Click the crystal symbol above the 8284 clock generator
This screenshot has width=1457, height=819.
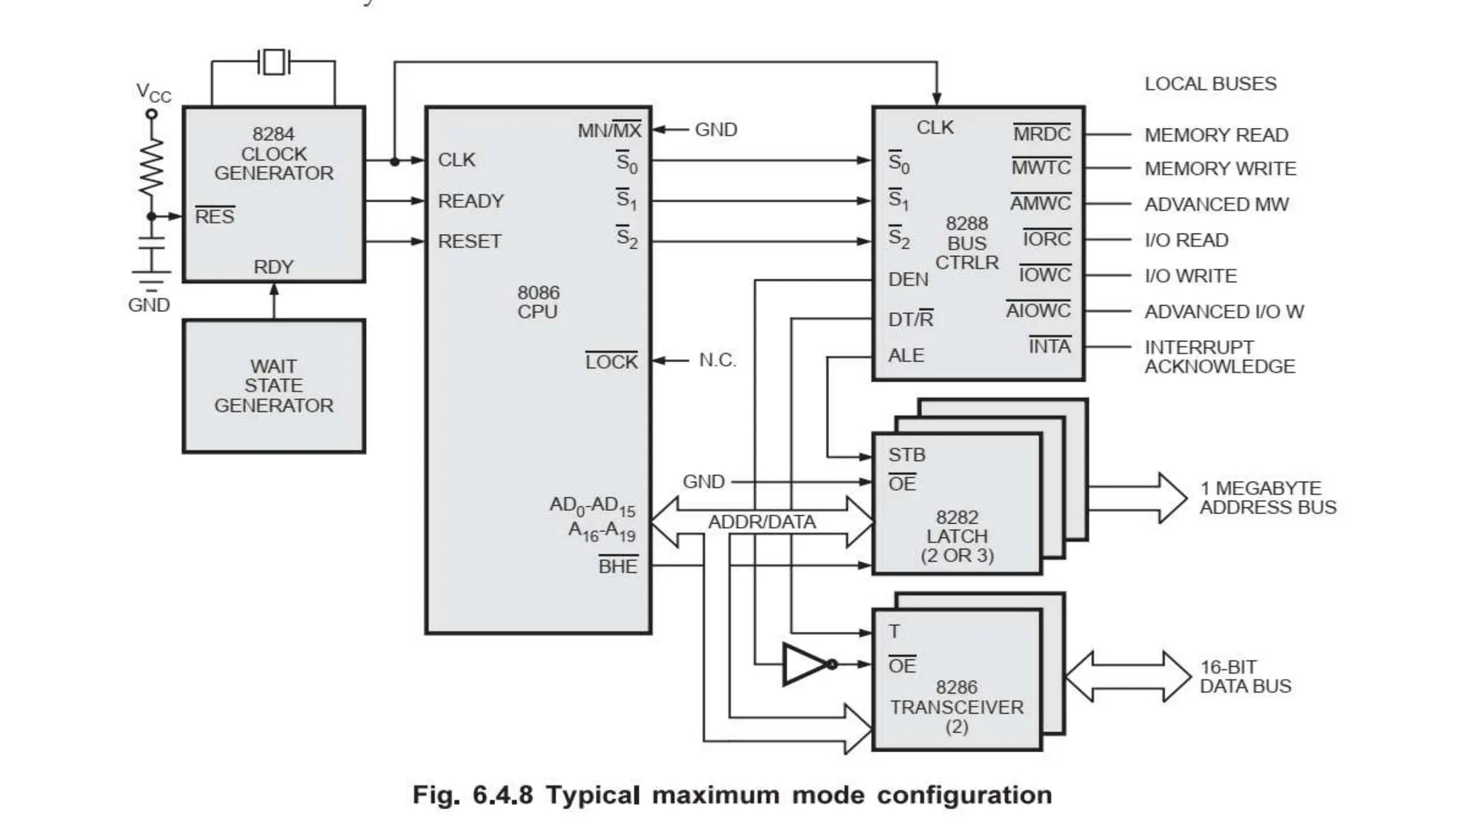tap(274, 62)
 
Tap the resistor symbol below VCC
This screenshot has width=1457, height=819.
tap(152, 168)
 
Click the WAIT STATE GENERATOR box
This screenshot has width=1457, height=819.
tap(274, 386)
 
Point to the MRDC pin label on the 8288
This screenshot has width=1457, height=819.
tap(1042, 134)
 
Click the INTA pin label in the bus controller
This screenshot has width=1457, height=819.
tap(1049, 347)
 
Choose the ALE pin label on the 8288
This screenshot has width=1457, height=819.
tap(906, 355)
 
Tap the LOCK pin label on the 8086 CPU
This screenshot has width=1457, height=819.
tap(611, 362)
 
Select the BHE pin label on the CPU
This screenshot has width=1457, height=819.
tap(618, 567)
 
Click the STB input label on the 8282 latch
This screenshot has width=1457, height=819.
tap(906, 455)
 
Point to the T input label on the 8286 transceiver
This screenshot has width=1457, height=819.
tap(894, 631)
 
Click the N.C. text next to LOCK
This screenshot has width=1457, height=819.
tap(717, 360)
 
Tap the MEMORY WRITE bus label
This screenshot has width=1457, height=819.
tap(1219, 169)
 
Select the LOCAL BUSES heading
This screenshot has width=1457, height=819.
tap(1210, 84)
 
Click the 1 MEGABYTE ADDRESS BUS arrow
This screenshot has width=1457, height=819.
tap(1138, 498)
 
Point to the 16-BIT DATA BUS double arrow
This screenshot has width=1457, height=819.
tap(1128, 677)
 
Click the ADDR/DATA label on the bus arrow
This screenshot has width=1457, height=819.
tap(761, 523)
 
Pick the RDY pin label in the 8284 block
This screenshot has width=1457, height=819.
tap(273, 267)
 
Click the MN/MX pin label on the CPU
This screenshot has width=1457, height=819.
tap(609, 131)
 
